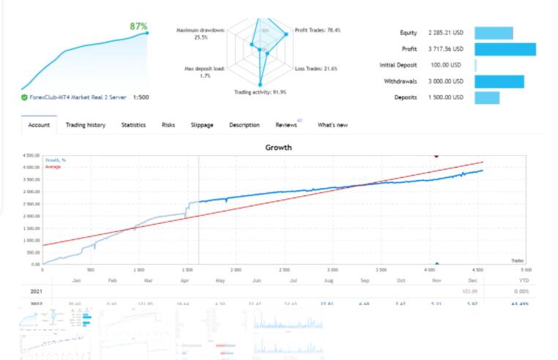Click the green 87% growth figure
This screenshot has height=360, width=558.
click(138, 26)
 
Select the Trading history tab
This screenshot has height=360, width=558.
click(85, 125)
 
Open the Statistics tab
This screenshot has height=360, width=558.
click(133, 125)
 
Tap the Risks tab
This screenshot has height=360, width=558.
click(168, 125)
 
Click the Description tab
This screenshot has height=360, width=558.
click(244, 125)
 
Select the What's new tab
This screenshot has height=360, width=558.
click(332, 125)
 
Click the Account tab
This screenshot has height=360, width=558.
click(38, 125)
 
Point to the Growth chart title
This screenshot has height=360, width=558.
click(278, 147)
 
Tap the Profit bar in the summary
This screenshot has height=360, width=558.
click(505, 49)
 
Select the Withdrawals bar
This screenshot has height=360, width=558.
click(499, 81)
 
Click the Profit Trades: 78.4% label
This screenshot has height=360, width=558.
click(317, 30)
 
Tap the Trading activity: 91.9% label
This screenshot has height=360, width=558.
click(260, 92)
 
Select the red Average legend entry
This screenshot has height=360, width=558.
click(53, 167)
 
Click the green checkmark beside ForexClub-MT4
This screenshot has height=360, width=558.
click(25, 97)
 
